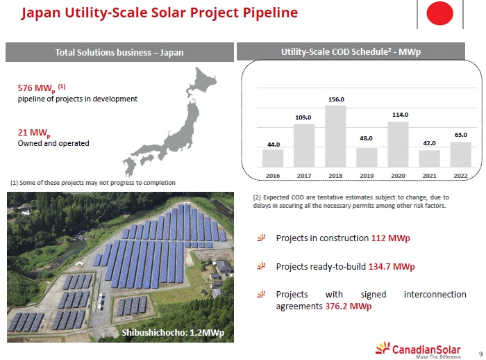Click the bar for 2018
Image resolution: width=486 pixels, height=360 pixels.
tap(335, 136)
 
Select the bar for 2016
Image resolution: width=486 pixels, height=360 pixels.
tap(273, 158)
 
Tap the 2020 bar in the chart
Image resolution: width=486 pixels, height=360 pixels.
tap(398, 145)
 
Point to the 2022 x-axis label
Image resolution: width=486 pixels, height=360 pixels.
tap(460, 176)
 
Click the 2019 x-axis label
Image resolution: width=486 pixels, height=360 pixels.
tap(367, 176)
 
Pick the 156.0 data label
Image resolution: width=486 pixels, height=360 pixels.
tap(336, 99)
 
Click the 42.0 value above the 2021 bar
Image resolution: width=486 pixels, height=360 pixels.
tap(429, 143)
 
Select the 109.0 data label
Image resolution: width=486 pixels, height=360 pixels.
tap(303, 117)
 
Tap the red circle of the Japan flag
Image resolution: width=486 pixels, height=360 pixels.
tap(439, 13)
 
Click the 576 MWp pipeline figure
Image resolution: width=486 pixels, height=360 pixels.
tap(42, 88)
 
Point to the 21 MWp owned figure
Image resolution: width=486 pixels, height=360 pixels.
tap(34, 133)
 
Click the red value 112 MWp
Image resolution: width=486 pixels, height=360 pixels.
tap(390, 238)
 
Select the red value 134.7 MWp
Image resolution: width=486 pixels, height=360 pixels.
tap(392, 267)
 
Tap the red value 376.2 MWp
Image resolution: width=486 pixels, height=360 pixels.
tap(348, 306)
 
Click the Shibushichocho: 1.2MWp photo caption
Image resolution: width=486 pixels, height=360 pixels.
tap(173, 333)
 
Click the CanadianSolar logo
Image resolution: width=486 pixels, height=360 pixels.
tap(418, 350)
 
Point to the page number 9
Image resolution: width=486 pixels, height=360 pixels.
tap(480, 354)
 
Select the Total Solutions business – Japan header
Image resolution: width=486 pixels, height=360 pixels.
tap(119, 52)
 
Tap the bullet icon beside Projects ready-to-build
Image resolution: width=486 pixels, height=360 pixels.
tap(262, 266)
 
